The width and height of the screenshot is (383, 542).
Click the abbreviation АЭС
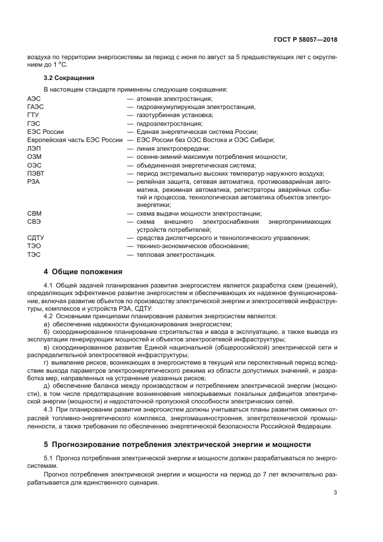(x=34, y=99)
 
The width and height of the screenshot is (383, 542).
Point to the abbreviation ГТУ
(x=33, y=115)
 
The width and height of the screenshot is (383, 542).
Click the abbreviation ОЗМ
(x=34, y=157)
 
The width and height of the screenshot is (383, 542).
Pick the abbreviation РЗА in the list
(x=33, y=181)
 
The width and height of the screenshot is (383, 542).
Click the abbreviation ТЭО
(x=34, y=246)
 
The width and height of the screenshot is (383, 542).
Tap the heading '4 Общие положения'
(x=83, y=271)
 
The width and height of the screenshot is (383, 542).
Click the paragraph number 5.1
(x=49, y=458)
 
